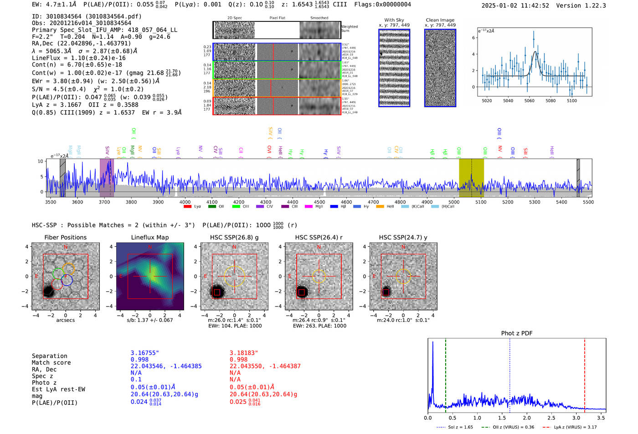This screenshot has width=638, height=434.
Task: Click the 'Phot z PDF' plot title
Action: [517, 333]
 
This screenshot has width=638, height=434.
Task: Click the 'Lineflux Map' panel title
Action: [149, 237]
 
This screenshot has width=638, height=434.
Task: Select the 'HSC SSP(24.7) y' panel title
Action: [403, 237]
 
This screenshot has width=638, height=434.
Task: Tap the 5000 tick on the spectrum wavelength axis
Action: [454, 202]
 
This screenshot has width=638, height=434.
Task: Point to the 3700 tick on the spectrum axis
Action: [104, 202]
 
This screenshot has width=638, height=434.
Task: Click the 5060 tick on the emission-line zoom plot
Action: [529, 101]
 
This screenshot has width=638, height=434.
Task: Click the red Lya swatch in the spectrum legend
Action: [187, 207]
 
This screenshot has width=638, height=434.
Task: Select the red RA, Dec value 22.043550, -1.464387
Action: [265, 366]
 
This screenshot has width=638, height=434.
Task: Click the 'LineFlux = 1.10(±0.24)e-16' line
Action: [78, 58]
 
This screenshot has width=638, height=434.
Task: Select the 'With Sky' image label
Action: [394, 20]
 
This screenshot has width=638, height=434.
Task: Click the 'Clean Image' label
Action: [440, 20]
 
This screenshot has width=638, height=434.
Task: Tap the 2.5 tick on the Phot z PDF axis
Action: [551, 418]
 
